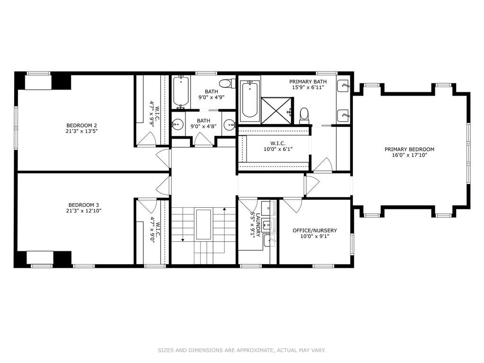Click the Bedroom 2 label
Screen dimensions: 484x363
(x=82, y=125)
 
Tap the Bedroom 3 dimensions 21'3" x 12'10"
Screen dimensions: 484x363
(x=84, y=211)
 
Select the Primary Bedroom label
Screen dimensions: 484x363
(x=409, y=150)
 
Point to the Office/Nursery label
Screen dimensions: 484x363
(x=315, y=230)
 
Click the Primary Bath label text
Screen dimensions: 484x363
(x=308, y=82)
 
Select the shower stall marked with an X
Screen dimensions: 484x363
(x=276, y=110)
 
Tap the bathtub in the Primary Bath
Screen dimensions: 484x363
(x=249, y=99)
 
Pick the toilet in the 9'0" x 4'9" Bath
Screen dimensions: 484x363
(x=227, y=83)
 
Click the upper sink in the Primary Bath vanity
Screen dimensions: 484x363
(x=344, y=86)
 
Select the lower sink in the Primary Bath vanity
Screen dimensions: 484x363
(x=344, y=115)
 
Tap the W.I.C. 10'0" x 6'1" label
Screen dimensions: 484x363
(x=278, y=146)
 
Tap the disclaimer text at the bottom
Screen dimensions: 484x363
(x=242, y=350)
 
